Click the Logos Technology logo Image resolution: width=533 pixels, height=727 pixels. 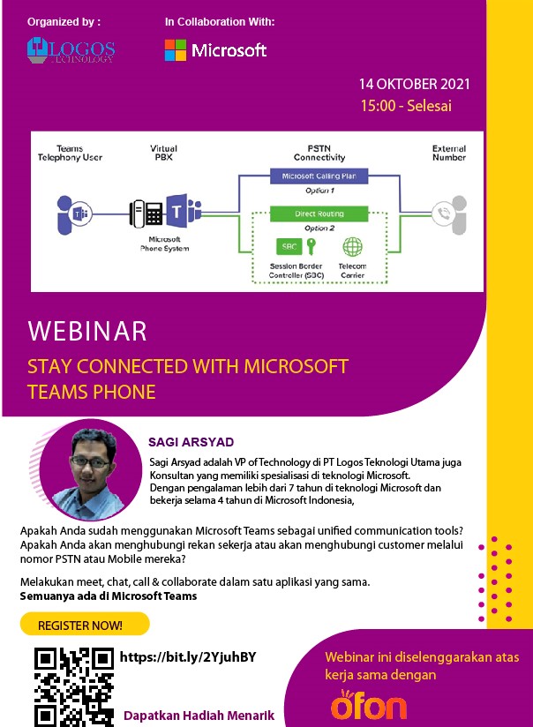[x=71, y=50]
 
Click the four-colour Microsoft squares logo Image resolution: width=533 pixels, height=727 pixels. [x=176, y=50]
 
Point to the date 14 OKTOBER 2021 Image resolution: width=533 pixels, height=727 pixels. [x=414, y=84]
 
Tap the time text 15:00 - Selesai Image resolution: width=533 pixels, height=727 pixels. [x=406, y=106]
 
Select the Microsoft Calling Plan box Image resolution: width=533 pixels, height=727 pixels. [x=319, y=176]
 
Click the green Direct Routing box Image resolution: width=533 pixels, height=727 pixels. [x=319, y=214]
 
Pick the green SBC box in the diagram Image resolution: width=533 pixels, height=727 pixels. [x=289, y=247]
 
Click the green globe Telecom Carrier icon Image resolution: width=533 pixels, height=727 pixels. [x=353, y=247]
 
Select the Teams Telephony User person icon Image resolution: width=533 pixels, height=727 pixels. [x=74, y=214]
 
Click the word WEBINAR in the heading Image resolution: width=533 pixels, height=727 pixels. [x=87, y=331]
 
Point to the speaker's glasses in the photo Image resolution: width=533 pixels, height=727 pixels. [x=90, y=461]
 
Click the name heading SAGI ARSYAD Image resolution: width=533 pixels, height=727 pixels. [x=191, y=442]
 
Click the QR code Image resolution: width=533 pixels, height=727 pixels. [x=74, y=686]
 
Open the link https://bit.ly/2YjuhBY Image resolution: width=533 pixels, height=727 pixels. [x=188, y=657]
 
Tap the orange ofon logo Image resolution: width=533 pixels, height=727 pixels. [x=369, y=705]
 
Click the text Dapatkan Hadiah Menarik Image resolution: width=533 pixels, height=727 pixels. [x=199, y=716]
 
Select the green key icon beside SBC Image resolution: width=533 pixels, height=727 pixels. [x=312, y=246]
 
